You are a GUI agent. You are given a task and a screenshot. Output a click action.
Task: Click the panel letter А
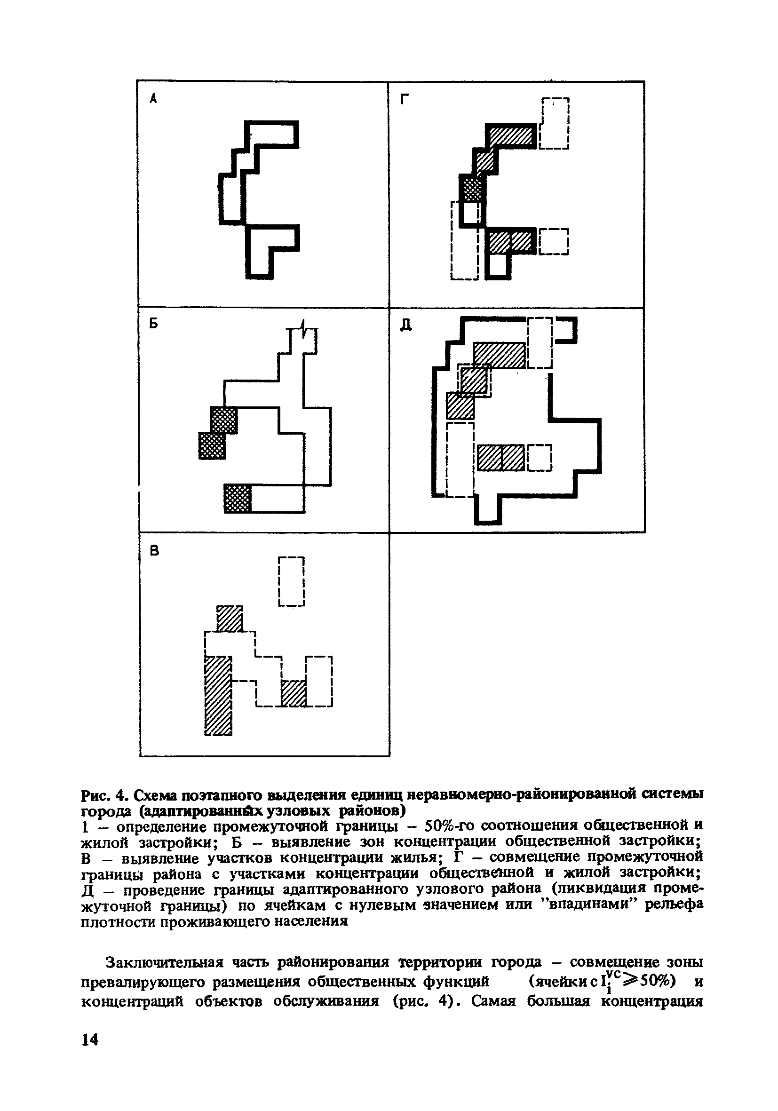click(x=153, y=100)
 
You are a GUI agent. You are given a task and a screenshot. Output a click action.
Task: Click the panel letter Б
click(x=153, y=325)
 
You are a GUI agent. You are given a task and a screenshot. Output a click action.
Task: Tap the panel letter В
click(x=154, y=551)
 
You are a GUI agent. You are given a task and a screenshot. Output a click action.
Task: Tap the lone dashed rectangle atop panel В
click(x=291, y=581)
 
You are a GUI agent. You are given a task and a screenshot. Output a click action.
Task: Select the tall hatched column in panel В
click(x=218, y=695)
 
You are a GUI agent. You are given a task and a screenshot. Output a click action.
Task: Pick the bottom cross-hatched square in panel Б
click(x=238, y=499)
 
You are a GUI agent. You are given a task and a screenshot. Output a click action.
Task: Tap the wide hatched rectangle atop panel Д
click(x=500, y=355)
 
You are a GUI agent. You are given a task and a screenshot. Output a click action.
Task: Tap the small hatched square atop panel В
click(x=229, y=619)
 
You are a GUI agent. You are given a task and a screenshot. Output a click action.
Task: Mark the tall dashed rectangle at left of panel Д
click(x=460, y=460)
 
